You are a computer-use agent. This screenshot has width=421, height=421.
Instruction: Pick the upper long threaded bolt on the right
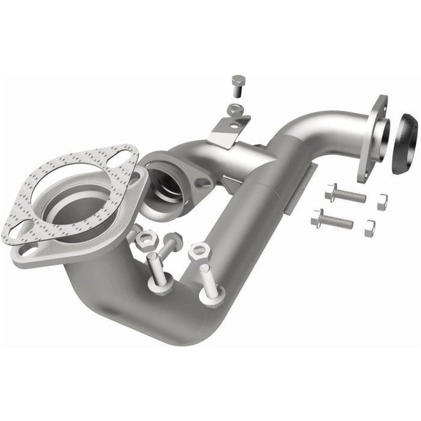(x=345, y=194)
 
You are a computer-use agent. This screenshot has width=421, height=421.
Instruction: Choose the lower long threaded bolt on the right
(x=332, y=221)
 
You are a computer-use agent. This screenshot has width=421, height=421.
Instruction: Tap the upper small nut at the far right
(x=382, y=202)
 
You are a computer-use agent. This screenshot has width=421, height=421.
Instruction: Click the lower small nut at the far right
(x=369, y=228)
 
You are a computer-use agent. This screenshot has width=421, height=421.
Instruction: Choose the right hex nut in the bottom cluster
(x=198, y=251)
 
